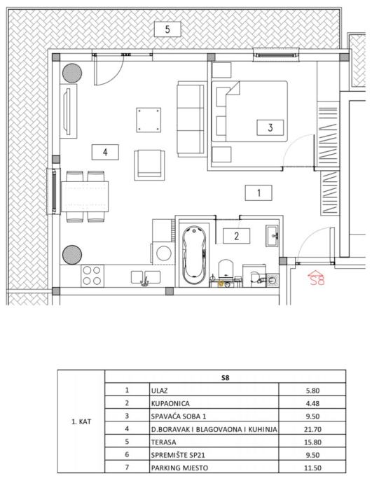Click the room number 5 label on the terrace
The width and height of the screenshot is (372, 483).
tap(167, 29)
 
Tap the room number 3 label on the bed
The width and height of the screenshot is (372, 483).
tap(270, 127)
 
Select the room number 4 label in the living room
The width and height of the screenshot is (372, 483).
tap(105, 152)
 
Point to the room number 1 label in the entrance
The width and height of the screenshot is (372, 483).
tap(259, 192)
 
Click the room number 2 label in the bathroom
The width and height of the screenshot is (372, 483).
tap(236, 236)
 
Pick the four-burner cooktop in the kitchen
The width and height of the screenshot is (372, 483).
tap(92, 276)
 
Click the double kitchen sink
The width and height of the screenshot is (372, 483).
tap(146, 277)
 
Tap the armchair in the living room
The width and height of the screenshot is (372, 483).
tap(149, 165)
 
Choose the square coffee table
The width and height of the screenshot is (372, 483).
tap(149, 120)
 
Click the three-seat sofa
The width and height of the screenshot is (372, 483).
tap(191, 119)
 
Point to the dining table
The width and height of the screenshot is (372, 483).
tap(85, 197)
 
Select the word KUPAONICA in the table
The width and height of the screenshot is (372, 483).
tap(170, 403)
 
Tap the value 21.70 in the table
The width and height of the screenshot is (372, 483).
tap(312, 429)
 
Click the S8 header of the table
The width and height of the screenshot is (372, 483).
tap(226, 378)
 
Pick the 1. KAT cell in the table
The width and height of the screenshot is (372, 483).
tap(81, 421)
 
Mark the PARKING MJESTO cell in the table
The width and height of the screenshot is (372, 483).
tap(179, 468)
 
